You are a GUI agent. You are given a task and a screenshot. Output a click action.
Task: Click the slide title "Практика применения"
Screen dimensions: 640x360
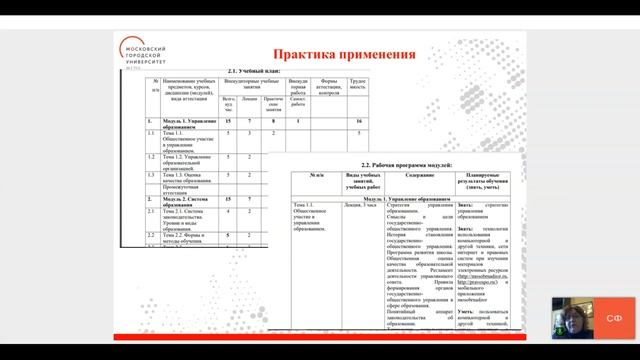click(x=345, y=53)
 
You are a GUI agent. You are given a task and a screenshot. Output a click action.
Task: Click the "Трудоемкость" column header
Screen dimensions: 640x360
click(x=358, y=84)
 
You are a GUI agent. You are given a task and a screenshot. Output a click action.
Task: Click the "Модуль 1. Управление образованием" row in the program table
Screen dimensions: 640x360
click(x=400, y=197)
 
